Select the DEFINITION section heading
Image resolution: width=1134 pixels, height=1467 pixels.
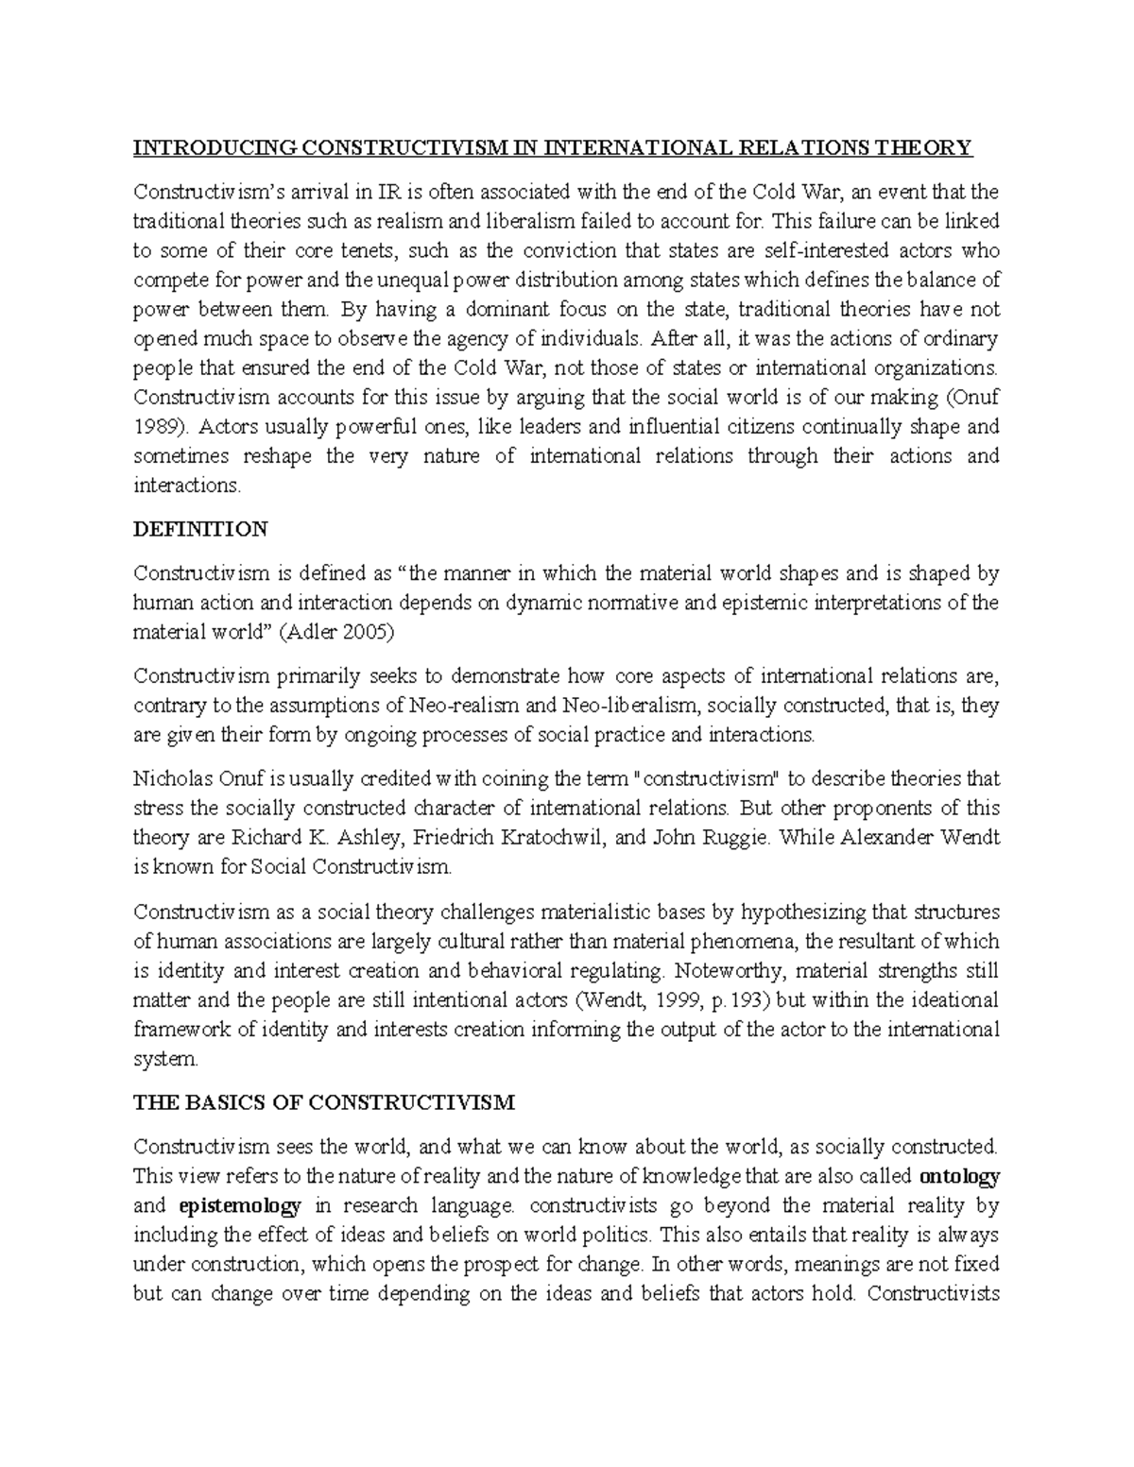[200, 529]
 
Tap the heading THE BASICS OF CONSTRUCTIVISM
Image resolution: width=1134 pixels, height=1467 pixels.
[324, 1102]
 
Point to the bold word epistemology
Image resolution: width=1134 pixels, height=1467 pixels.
[239, 1205]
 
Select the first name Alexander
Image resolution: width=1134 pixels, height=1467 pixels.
[887, 838]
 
